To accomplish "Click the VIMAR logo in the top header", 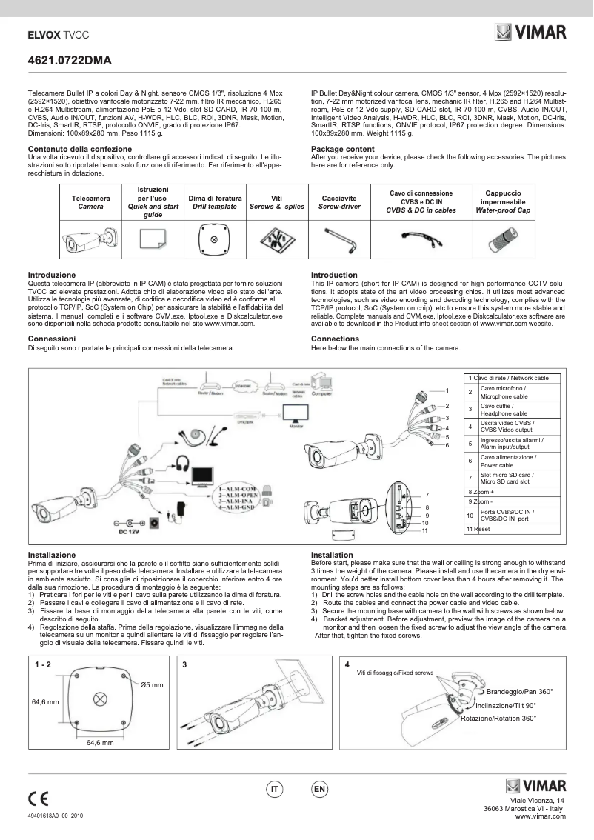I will pyautogui.click(x=530, y=33).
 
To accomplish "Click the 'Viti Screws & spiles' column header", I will pyautogui.click(x=276, y=203).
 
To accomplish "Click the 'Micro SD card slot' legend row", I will pyautogui.click(x=511, y=479).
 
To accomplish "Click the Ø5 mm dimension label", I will pyautogui.click(x=151, y=684).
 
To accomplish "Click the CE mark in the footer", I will pyautogui.click(x=38, y=799).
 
